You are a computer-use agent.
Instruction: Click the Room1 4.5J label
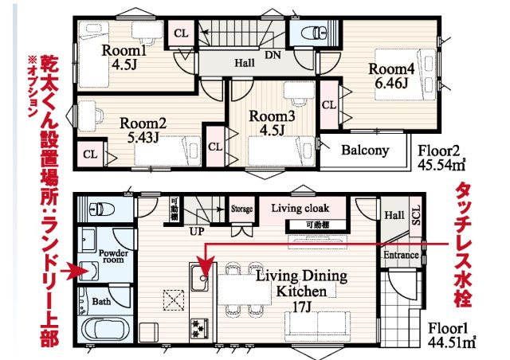tap(124, 57)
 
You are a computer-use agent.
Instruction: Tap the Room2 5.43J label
tap(143, 130)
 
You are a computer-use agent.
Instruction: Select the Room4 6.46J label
tap(391, 76)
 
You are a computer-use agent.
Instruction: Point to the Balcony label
tap(365, 151)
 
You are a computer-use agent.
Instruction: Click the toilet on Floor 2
tap(315, 33)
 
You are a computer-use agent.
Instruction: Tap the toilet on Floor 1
tap(101, 208)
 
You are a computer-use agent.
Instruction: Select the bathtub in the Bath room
tap(104, 328)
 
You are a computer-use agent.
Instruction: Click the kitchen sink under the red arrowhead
tap(200, 277)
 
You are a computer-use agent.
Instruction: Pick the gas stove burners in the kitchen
tap(199, 328)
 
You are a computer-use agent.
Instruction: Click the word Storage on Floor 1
tap(241, 209)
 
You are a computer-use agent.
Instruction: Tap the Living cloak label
tap(300, 208)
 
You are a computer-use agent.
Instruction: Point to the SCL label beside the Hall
tap(416, 215)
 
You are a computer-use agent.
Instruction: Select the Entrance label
tap(401, 255)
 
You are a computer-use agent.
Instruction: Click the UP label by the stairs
tap(197, 232)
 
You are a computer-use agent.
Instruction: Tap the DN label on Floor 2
tap(273, 55)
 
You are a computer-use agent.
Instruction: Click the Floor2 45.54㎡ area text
tap(441, 158)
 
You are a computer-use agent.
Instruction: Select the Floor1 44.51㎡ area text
tap(452, 335)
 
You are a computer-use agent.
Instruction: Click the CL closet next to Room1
tap(181, 33)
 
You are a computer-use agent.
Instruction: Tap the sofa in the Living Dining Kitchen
tap(317, 327)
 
